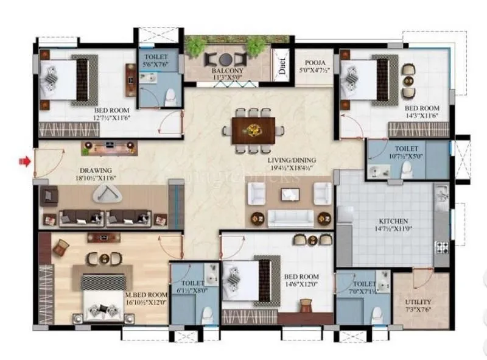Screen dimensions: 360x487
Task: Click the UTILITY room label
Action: (x=418, y=302)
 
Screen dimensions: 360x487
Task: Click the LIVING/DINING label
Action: (x=292, y=160)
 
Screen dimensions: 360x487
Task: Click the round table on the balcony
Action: (x=226, y=59)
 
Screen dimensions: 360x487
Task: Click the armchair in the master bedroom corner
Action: (x=61, y=247)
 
